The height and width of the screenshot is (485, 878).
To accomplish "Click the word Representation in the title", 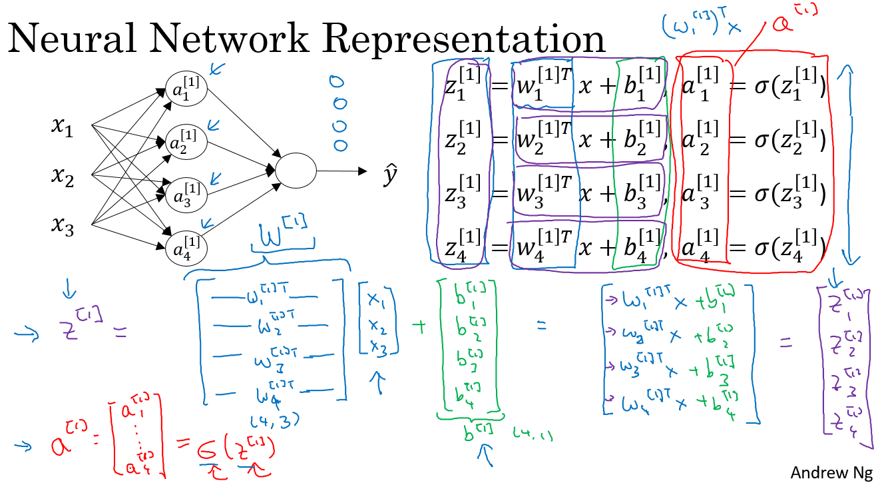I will [x=465, y=39].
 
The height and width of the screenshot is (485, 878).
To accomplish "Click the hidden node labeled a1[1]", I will [x=187, y=91].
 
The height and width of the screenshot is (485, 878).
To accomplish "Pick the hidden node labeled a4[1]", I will [x=187, y=248].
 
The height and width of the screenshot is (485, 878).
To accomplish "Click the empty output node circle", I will [x=295, y=171].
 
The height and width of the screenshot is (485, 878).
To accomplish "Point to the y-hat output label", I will [x=390, y=176].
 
